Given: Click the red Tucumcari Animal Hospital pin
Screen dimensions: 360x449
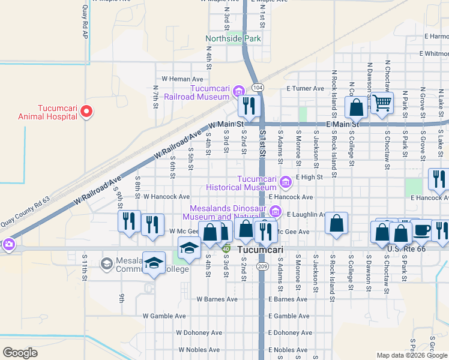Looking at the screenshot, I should click(86, 111).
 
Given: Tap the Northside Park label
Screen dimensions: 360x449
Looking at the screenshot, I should click(234, 39).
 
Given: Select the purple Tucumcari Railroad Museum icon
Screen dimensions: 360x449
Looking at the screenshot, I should click(238, 91).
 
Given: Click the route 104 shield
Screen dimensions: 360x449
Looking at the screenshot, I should click(258, 88).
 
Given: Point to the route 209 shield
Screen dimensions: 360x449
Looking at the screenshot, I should click(262, 265).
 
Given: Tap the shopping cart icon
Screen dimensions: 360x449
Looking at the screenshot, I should click(382, 103).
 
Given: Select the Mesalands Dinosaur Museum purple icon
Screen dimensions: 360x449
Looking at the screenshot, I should click(276, 211).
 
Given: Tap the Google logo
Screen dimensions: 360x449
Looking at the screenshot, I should click(20, 352).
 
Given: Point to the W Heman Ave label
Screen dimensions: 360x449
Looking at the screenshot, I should click(182, 79).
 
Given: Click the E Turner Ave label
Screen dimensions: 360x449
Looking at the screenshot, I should click(305, 89).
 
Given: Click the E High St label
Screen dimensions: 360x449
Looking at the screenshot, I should click(309, 177).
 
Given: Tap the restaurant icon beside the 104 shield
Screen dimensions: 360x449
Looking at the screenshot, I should click(247, 106).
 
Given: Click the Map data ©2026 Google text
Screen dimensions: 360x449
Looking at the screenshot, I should click(411, 355).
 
